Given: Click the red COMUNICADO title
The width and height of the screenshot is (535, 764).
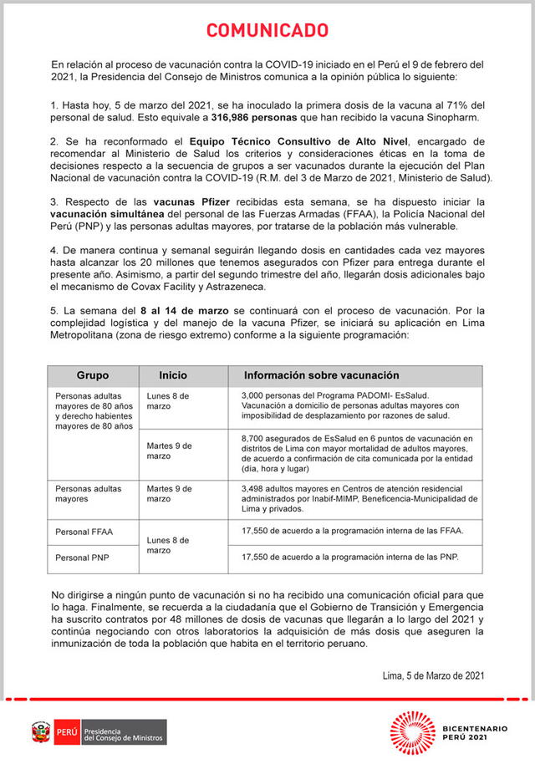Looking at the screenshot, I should coord(267,31).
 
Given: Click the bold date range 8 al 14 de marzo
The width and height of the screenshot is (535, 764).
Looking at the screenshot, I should coord(186,310).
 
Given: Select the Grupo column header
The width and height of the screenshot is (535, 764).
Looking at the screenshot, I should coord(93,375).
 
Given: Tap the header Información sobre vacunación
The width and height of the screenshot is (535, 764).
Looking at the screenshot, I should coord(321,375).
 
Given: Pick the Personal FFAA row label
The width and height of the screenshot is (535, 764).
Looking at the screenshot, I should coord(86,532).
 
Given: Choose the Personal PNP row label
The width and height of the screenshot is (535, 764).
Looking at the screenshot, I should coord(85,558).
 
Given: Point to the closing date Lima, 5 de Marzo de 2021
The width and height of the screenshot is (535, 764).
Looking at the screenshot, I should coord(432,675).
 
